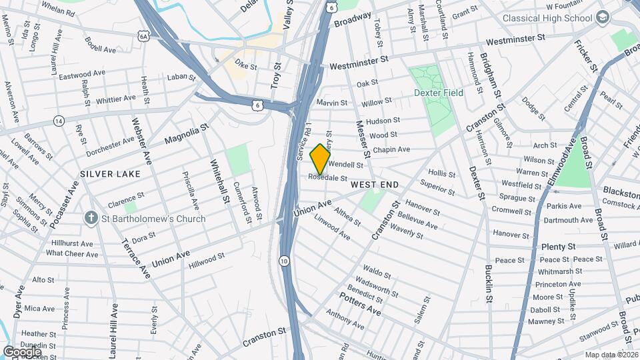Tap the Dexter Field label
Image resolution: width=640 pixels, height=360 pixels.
tap(438, 93)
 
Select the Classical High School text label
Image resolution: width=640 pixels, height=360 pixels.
tap(547, 18)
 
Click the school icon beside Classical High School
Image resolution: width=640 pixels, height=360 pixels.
tap(603, 17)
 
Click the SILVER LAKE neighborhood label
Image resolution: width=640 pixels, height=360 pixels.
tap(110, 173)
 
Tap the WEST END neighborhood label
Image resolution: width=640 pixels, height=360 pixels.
tap(374, 184)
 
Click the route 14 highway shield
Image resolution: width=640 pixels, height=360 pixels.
tap(59, 121)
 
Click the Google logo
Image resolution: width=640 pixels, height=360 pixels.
tap(21, 351)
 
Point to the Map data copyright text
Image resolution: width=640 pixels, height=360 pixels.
tap(611, 355)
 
